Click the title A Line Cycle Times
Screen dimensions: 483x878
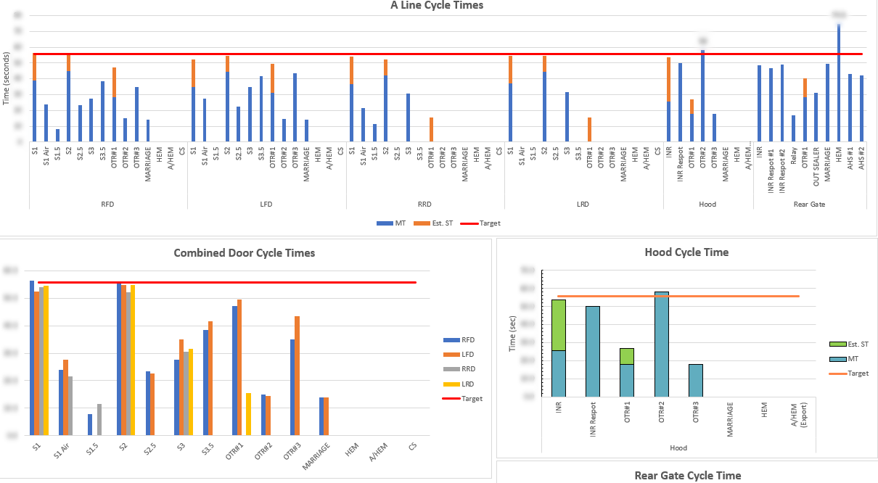[x=436, y=5]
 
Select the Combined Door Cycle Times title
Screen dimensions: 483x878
[x=245, y=253]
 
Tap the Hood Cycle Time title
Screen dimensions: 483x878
[x=686, y=252]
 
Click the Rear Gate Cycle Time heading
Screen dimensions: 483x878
[x=687, y=476]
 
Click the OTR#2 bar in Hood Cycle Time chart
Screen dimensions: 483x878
[x=661, y=344]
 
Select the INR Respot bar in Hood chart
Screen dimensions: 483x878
[x=592, y=351]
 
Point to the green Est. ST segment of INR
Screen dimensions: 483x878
[x=558, y=325]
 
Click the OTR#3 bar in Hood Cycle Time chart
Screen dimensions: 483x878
[x=696, y=380]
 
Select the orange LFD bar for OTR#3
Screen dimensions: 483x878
[x=296, y=375]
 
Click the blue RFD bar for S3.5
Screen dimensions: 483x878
[x=205, y=382]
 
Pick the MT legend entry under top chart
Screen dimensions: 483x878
[x=392, y=223]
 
